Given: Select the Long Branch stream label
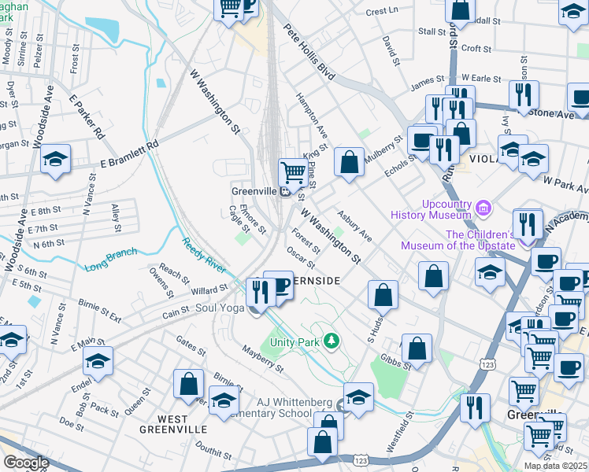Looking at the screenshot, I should click(111, 259).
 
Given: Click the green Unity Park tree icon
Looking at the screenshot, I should click(332, 341).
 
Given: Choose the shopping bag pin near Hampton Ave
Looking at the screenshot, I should click(349, 161).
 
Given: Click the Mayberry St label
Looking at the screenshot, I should click(263, 359).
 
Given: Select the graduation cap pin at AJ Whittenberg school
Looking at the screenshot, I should click(358, 397).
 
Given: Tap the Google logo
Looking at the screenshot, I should click(26, 462).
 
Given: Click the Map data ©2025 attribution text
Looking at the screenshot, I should click(556, 466).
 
